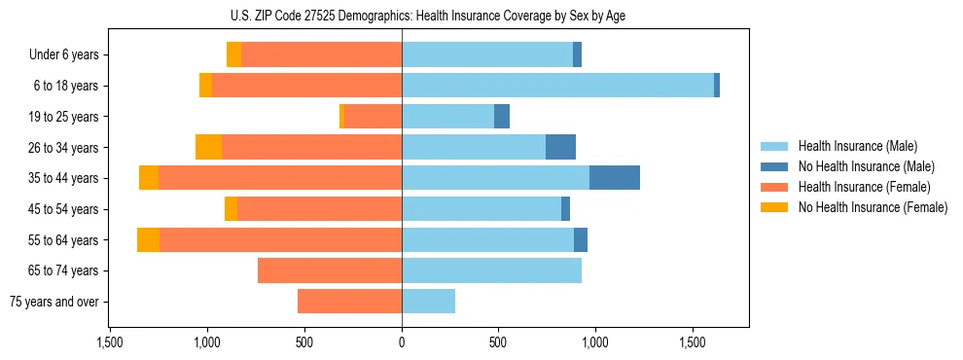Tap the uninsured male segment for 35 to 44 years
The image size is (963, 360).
[x=615, y=178]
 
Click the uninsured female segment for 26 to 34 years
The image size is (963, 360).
[x=208, y=147]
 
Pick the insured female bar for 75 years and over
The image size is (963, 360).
[x=349, y=302]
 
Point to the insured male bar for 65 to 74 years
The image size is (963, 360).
[x=491, y=270]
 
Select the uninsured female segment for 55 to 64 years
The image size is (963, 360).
[x=148, y=240]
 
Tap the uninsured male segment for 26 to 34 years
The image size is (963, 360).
[x=560, y=147]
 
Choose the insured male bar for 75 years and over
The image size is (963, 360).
[x=428, y=302]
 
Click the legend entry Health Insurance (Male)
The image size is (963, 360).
[x=857, y=146]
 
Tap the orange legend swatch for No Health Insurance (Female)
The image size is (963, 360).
[x=774, y=207]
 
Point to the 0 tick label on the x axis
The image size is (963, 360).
[x=401, y=342]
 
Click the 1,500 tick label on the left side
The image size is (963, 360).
[x=110, y=342]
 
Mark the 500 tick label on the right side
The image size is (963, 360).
[x=498, y=342]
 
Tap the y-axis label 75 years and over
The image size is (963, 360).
[x=54, y=302]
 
